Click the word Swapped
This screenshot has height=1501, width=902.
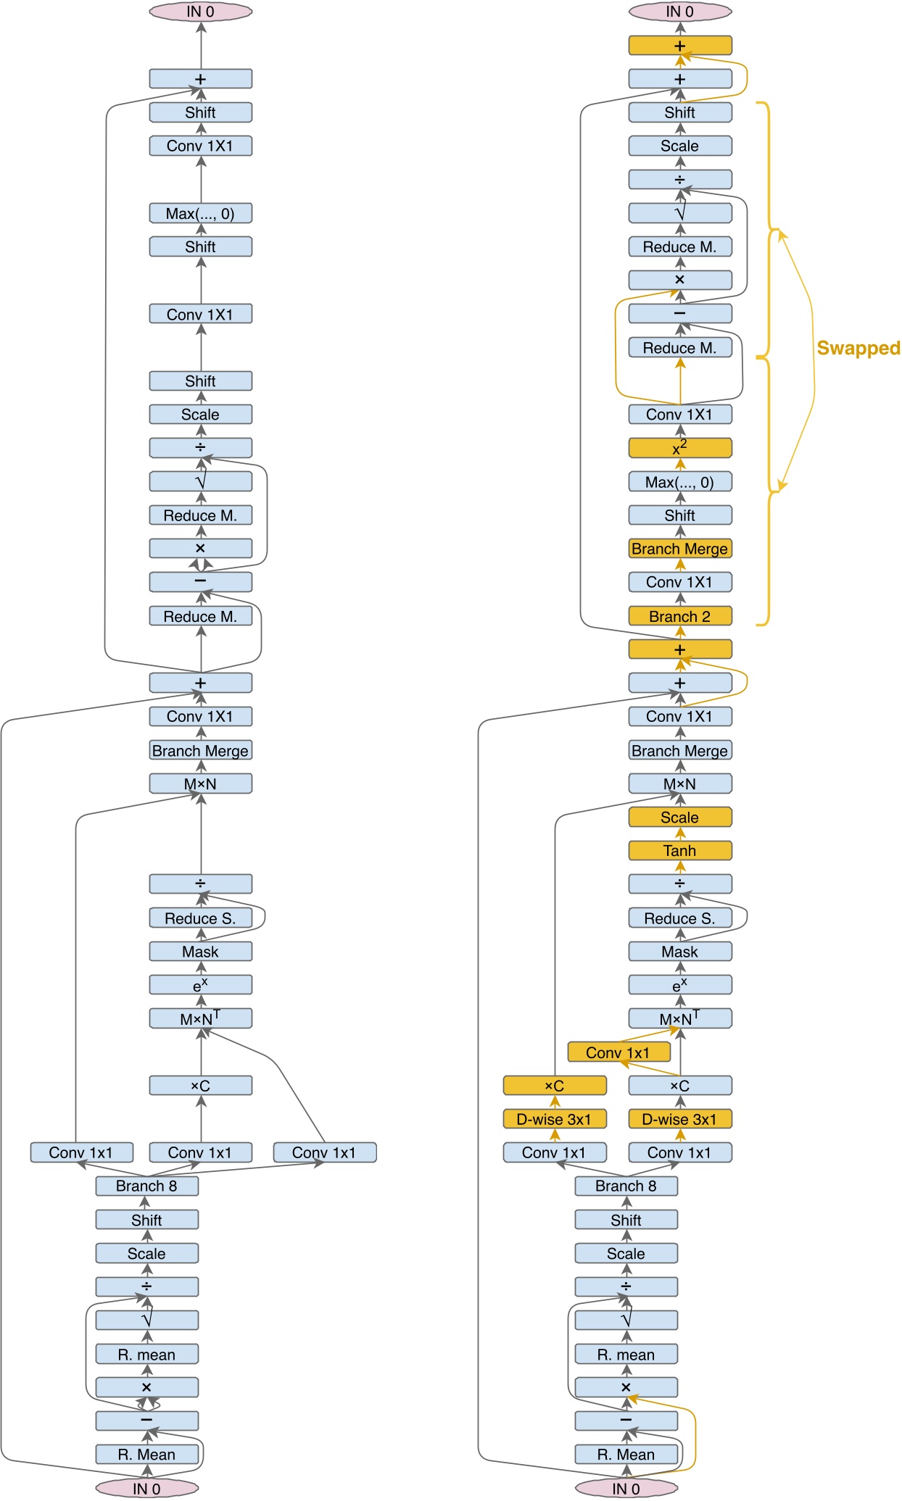[x=858, y=349]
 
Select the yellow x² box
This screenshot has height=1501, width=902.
[x=679, y=448]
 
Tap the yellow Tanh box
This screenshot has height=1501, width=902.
[x=679, y=851]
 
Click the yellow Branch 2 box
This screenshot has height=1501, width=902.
[x=679, y=617]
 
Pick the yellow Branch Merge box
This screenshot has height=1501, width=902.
[x=679, y=549]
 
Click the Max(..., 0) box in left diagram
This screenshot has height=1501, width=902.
[x=200, y=214]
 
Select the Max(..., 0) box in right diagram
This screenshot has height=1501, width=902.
[x=679, y=482]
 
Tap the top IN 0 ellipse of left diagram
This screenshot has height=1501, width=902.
[x=200, y=12]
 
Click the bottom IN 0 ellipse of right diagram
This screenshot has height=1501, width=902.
[x=626, y=1489]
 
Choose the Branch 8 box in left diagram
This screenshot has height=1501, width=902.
[x=146, y=1186]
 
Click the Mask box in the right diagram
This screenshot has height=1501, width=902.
[x=679, y=952]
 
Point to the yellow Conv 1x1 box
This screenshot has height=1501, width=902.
[x=618, y=1052]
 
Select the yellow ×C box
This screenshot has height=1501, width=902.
[x=555, y=1086]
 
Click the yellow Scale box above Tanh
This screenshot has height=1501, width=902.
[x=679, y=818]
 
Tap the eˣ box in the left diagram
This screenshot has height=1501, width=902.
[x=200, y=985]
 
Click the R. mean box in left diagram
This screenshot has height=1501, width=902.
[x=146, y=1355]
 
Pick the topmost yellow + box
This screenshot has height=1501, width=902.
[x=679, y=46]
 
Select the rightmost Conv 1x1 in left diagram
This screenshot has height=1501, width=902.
[x=324, y=1152]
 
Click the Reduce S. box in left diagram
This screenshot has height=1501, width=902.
[x=200, y=918]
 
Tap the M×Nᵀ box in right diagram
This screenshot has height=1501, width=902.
[x=679, y=1018]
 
